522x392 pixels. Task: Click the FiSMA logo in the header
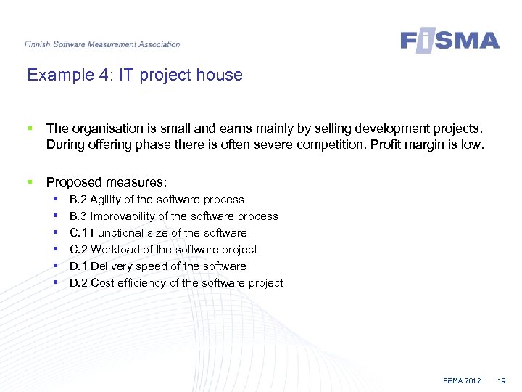tap(449, 40)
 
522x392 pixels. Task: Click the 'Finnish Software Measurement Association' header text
tap(102, 44)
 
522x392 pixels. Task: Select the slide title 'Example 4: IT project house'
tap(135, 75)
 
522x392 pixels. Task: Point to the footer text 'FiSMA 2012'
tap(463, 381)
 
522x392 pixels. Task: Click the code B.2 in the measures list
tap(78, 200)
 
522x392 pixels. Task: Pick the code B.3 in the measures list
tap(78, 216)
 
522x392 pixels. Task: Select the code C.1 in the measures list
tap(78, 233)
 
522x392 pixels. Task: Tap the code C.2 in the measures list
tap(78, 250)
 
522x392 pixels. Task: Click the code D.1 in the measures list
tap(78, 266)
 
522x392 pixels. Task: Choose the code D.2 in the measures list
tap(78, 283)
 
